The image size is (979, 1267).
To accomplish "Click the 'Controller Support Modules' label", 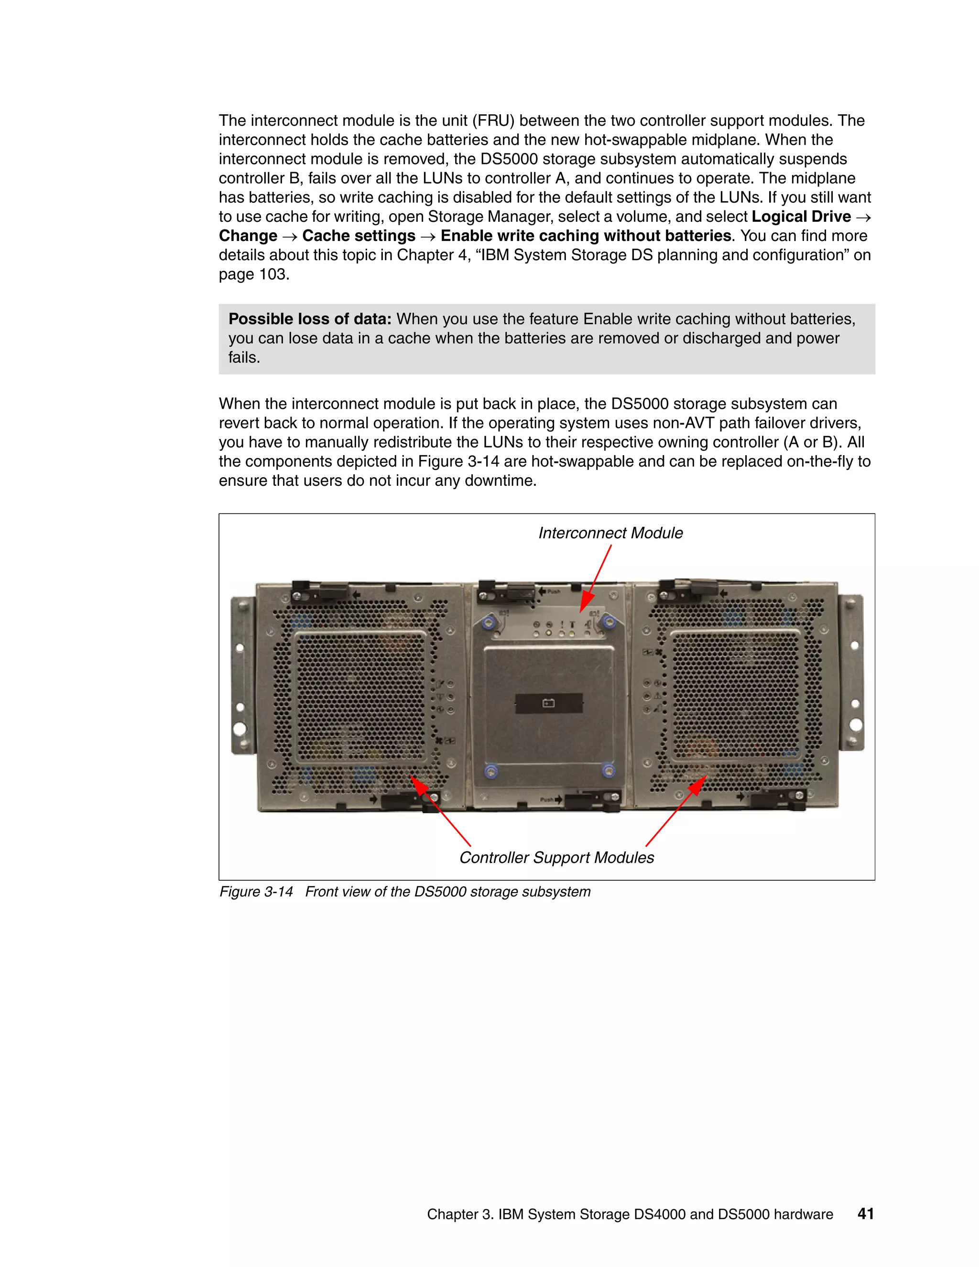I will tap(556, 857).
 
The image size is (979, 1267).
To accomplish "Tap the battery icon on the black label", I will tap(548, 703).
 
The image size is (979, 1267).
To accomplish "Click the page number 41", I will tap(865, 1213).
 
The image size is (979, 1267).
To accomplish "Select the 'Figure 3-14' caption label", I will tap(256, 892).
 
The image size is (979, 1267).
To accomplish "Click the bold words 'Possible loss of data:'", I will tap(310, 319).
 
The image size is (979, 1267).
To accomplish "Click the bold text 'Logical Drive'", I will tap(801, 217).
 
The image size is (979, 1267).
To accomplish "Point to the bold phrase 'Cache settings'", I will tap(359, 236).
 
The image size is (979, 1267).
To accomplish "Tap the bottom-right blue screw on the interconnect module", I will tap(608, 770).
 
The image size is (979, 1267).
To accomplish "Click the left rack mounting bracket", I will tap(241, 676).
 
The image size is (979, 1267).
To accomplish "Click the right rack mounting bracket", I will tap(854, 673).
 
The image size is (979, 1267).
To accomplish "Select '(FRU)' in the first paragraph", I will tap(493, 120).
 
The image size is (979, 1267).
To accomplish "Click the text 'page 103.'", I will tap(254, 274).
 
